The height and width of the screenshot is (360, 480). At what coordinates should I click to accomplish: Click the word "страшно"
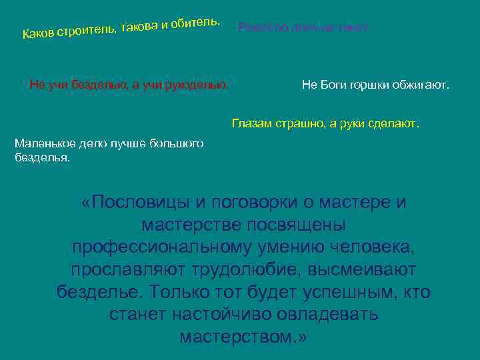click(x=298, y=123)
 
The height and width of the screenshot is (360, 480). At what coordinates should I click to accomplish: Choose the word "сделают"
click(x=396, y=123)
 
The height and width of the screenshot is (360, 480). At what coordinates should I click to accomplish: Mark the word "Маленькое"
click(x=45, y=143)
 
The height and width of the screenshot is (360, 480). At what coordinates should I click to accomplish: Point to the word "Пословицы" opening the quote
click(x=133, y=203)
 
